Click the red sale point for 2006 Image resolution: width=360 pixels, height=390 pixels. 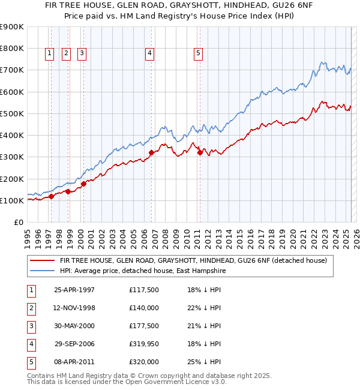click(152, 152)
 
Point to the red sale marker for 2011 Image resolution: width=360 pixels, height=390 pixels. click(200, 152)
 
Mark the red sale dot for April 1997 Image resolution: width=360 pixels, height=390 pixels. click(52, 196)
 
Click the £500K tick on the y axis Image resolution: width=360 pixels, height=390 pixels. click(12, 113)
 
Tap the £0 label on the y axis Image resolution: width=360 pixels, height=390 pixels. click(19, 222)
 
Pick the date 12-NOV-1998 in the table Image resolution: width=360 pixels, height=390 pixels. click(75, 308)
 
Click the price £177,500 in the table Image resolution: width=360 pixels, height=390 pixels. click(144, 326)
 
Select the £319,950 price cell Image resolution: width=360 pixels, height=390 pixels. click(144, 344)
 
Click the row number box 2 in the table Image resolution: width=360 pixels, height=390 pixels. click(31, 308)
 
